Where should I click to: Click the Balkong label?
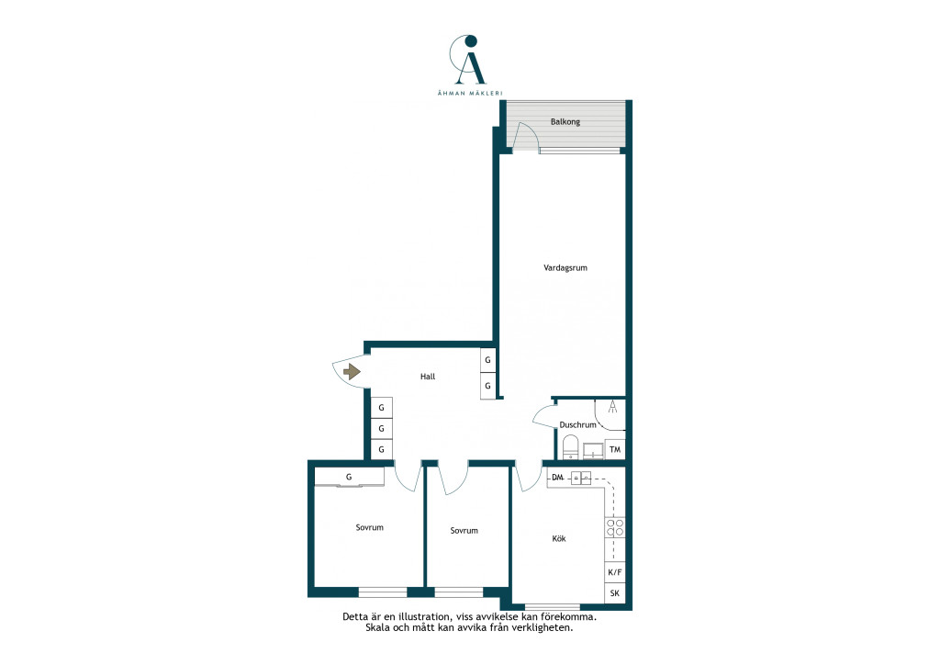(x=565, y=122)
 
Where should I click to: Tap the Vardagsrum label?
(x=565, y=268)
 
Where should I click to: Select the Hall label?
(x=428, y=377)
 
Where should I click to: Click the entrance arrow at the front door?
(x=352, y=372)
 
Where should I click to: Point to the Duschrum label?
(x=578, y=424)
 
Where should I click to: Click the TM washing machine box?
(x=614, y=449)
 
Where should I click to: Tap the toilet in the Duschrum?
(x=571, y=447)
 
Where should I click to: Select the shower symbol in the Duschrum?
(x=612, y=408)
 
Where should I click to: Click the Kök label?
(x=559, y=538)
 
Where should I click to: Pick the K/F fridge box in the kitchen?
(x=615, y=572)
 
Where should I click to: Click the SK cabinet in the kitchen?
(x=615, y=593)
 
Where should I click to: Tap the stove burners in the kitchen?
(x=615, y=527)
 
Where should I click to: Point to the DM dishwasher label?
(x=557, y=478)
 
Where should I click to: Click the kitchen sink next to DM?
(x=581, y=478)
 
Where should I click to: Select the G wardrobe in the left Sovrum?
(x=349, y=478)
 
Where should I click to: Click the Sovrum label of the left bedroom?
(x=369, y=527)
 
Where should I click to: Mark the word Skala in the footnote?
(x=377, y=628)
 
